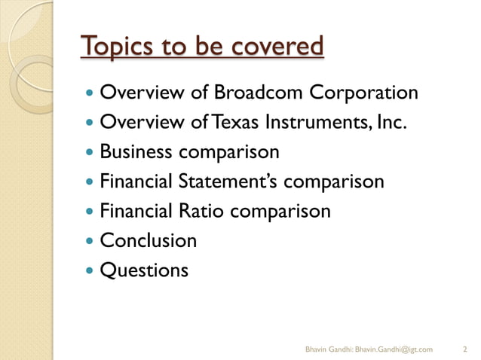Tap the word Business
coord(137,152)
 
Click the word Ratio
coord(202,211)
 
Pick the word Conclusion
coord(149,240)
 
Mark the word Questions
coord(144,270)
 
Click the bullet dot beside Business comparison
coord(90,152)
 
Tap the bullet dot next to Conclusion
coord(90,241)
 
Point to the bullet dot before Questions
coord(90,270)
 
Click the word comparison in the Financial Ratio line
coord(280,211)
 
